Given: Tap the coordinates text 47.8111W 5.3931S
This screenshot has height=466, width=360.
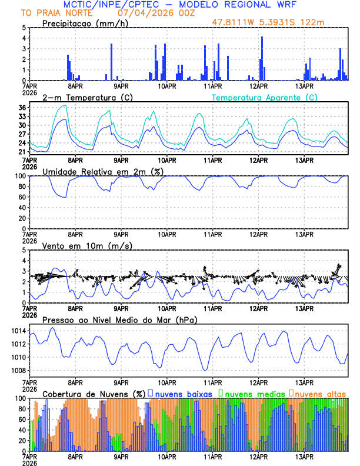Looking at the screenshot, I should (256, 22).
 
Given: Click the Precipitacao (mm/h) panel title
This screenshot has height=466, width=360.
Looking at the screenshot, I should (84, 23).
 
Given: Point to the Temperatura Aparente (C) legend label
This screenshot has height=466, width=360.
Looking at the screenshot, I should (265, 97).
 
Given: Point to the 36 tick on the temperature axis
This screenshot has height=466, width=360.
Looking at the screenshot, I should (22, 108).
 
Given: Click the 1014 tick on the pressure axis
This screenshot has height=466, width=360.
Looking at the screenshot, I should (19, 332).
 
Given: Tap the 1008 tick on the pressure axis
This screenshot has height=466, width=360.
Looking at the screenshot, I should (19, 370).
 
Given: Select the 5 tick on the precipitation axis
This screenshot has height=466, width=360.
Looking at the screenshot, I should (24, 28).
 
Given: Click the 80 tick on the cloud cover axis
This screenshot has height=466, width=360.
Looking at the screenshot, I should (22, 409).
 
